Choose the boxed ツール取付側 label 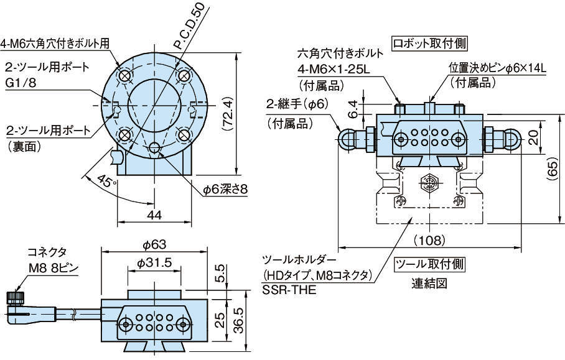pyautogui.click(x=430, y=264)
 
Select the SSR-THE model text pyautogui.click(x=287, y=289)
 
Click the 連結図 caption pyautogui.click(x=429, y=284)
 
